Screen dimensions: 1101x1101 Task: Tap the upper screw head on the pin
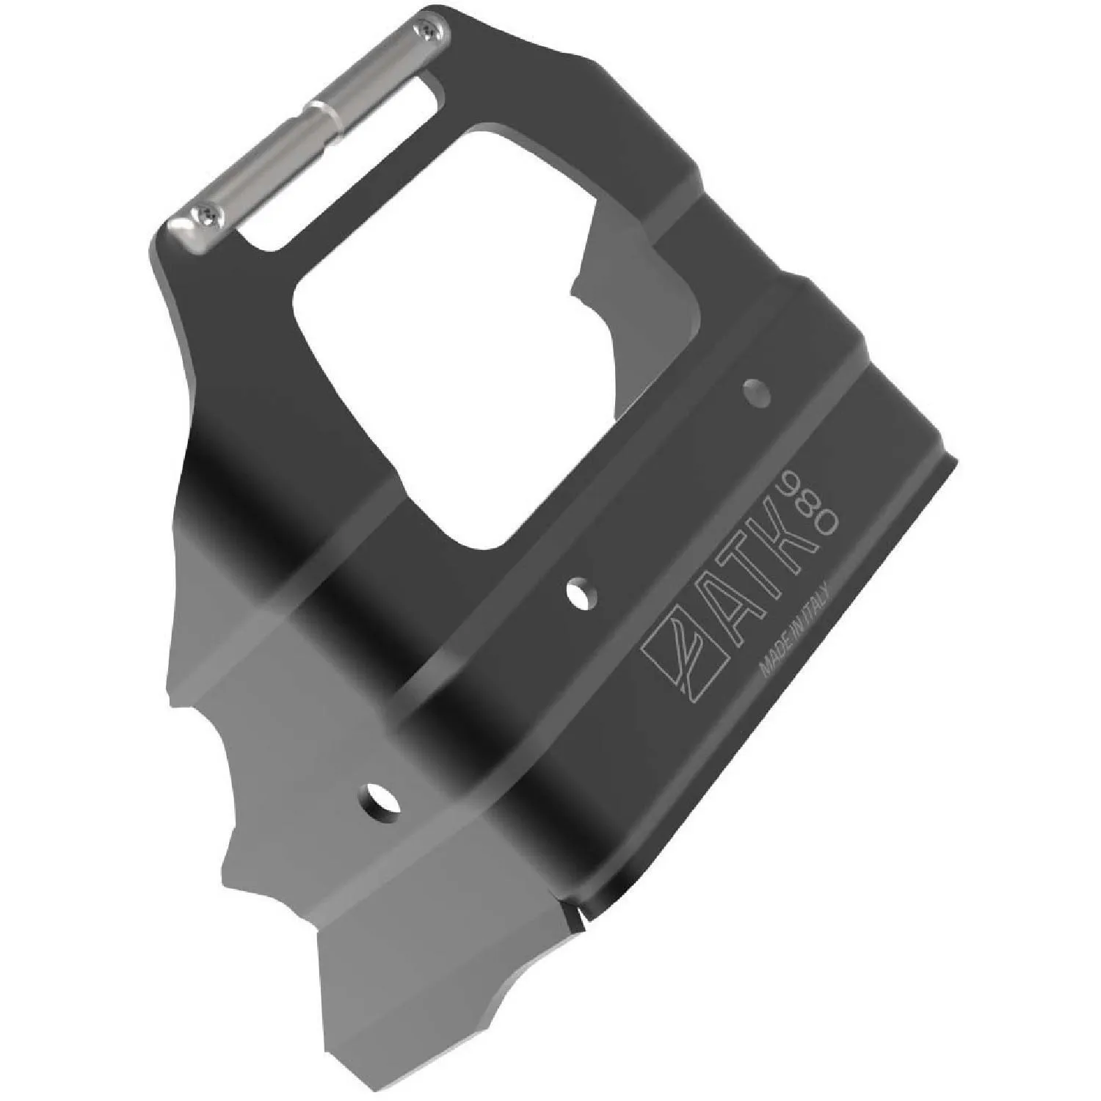[x=429, y=29]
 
